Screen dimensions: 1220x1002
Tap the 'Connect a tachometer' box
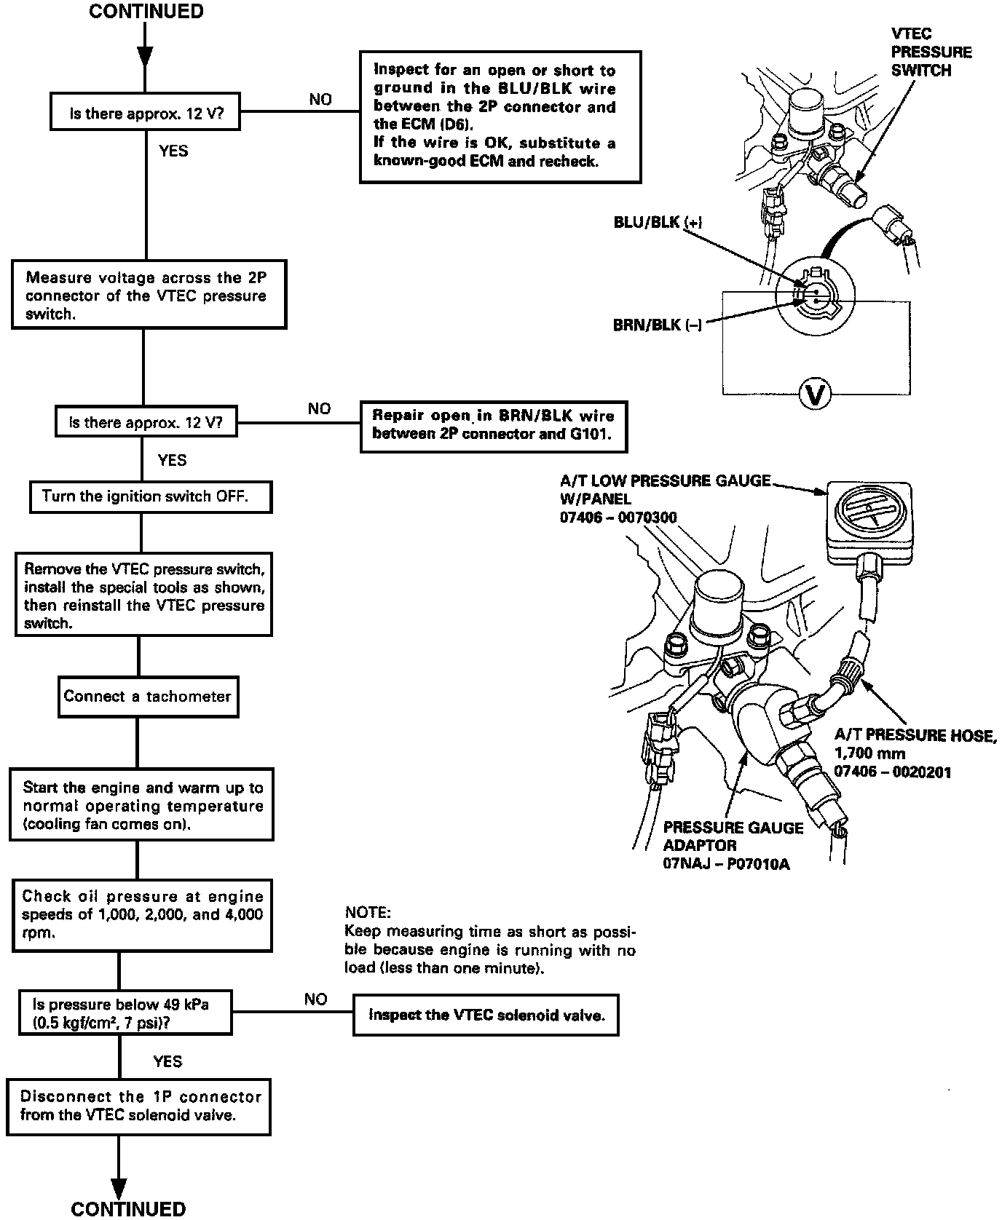pyautogui.click(x=148, y=697)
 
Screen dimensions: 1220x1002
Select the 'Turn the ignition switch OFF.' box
pyautogui.click(x=151, y=496)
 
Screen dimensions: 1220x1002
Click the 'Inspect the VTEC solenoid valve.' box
pyautogui.click(x=486, y=1015)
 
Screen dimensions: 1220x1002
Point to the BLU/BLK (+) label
pyautogui.click(x=658, y=223)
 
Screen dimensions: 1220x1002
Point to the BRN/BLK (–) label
pyautogui.click(x=658, y=325)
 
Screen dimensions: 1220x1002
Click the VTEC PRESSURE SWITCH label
pyautogui.click(x=931, y=52)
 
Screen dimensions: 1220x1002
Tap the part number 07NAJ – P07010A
pyautogui.click(x=726, y=864)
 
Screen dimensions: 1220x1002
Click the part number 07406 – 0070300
pyautogui.click(x=618, y=518)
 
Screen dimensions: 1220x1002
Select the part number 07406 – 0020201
pyautogui.click(x=892, y=772)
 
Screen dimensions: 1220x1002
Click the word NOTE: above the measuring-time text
pyautogui.click(x=368, y=913)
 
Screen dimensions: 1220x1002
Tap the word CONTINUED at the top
pyautogui.click(x=146, y=12)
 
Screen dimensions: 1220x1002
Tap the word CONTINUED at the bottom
pyautogui.click(x=128, y=1208)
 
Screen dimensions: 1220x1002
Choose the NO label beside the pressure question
pyautogui.click(x=315, y=999)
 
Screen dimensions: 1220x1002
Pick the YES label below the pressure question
pyautogui.click(x=167, y=1061)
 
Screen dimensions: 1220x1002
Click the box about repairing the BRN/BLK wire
pyautogui.click(x=493, y=425)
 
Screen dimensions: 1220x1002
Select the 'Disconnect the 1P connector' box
pyautogui.click(x=139, y=1106)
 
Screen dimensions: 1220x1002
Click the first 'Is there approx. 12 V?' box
pyautogui.click(x=146, y=114)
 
